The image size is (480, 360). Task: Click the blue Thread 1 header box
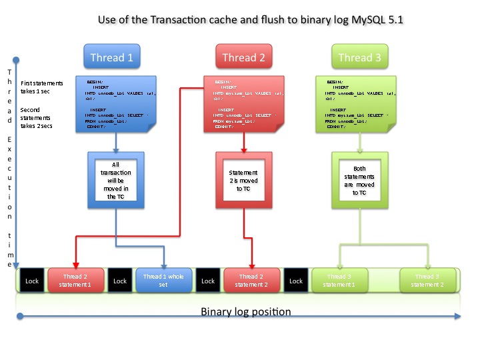[x=111, y=57]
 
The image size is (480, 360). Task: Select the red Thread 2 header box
[x=243, y=57]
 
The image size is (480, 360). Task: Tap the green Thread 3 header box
[x=359, y=57]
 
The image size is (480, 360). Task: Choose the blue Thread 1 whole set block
[x=164, y=281]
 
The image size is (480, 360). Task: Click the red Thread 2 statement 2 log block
[x=253, y=281]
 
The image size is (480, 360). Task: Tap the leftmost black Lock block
[x=32, y=281]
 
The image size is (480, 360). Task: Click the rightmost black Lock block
[x=295, y=281]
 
